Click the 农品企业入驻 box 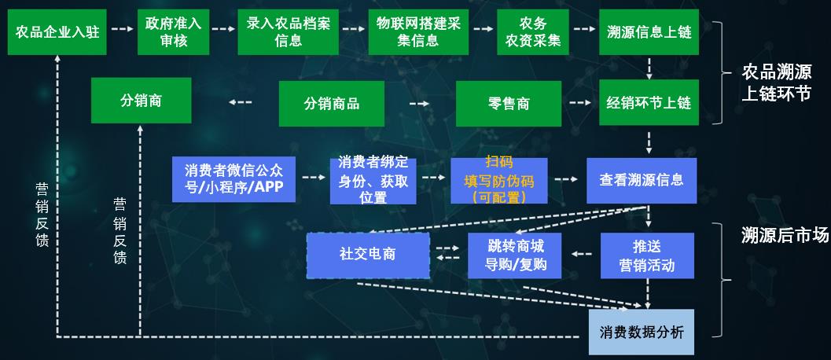click(x=57, y=32)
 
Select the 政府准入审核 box click(x=173, y=32)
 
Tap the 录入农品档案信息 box click(x=289, y=32)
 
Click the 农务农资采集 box click(x=532, y=32)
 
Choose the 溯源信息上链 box click(x=649, y=32)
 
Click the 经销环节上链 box click(x=649, y=103)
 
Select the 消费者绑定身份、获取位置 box click(x=373, y=180)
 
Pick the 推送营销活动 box click(x=647, y=255)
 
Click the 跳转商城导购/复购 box click(x=516, y=255)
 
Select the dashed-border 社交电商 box click(x=368, y=255)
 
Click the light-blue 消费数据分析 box click(x=642, y=332)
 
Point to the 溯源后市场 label click(x=785, y=234)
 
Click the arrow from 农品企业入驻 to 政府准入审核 click(x=122, y=29)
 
